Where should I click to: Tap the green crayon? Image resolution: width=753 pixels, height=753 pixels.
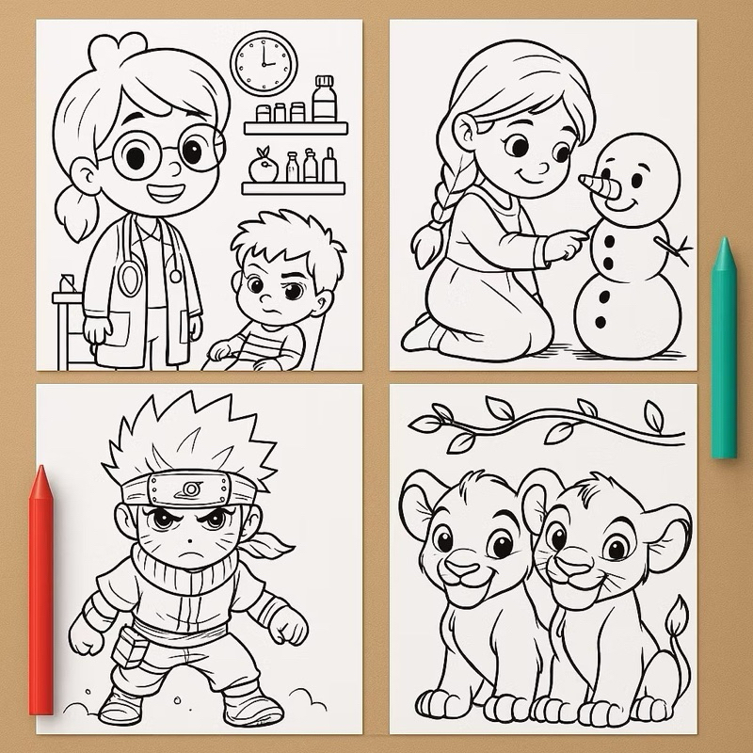(723, 348)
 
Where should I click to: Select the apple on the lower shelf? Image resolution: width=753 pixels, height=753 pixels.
(262, 169)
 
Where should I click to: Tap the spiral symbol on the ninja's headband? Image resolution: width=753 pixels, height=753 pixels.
(192, 489)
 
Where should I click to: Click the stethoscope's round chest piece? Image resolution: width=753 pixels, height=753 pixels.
(130, 278)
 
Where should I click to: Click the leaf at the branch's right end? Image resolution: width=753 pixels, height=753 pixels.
(652, 414)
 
